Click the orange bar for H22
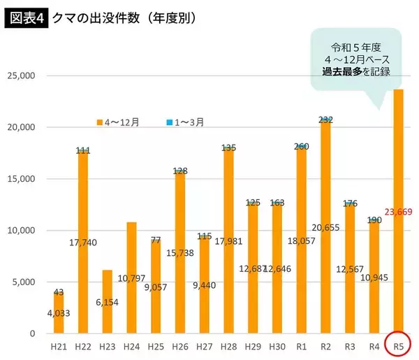pos(83,210)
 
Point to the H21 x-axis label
pos(59,345)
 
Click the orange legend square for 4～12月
pos(100,122)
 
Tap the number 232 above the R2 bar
pos(326,120)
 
